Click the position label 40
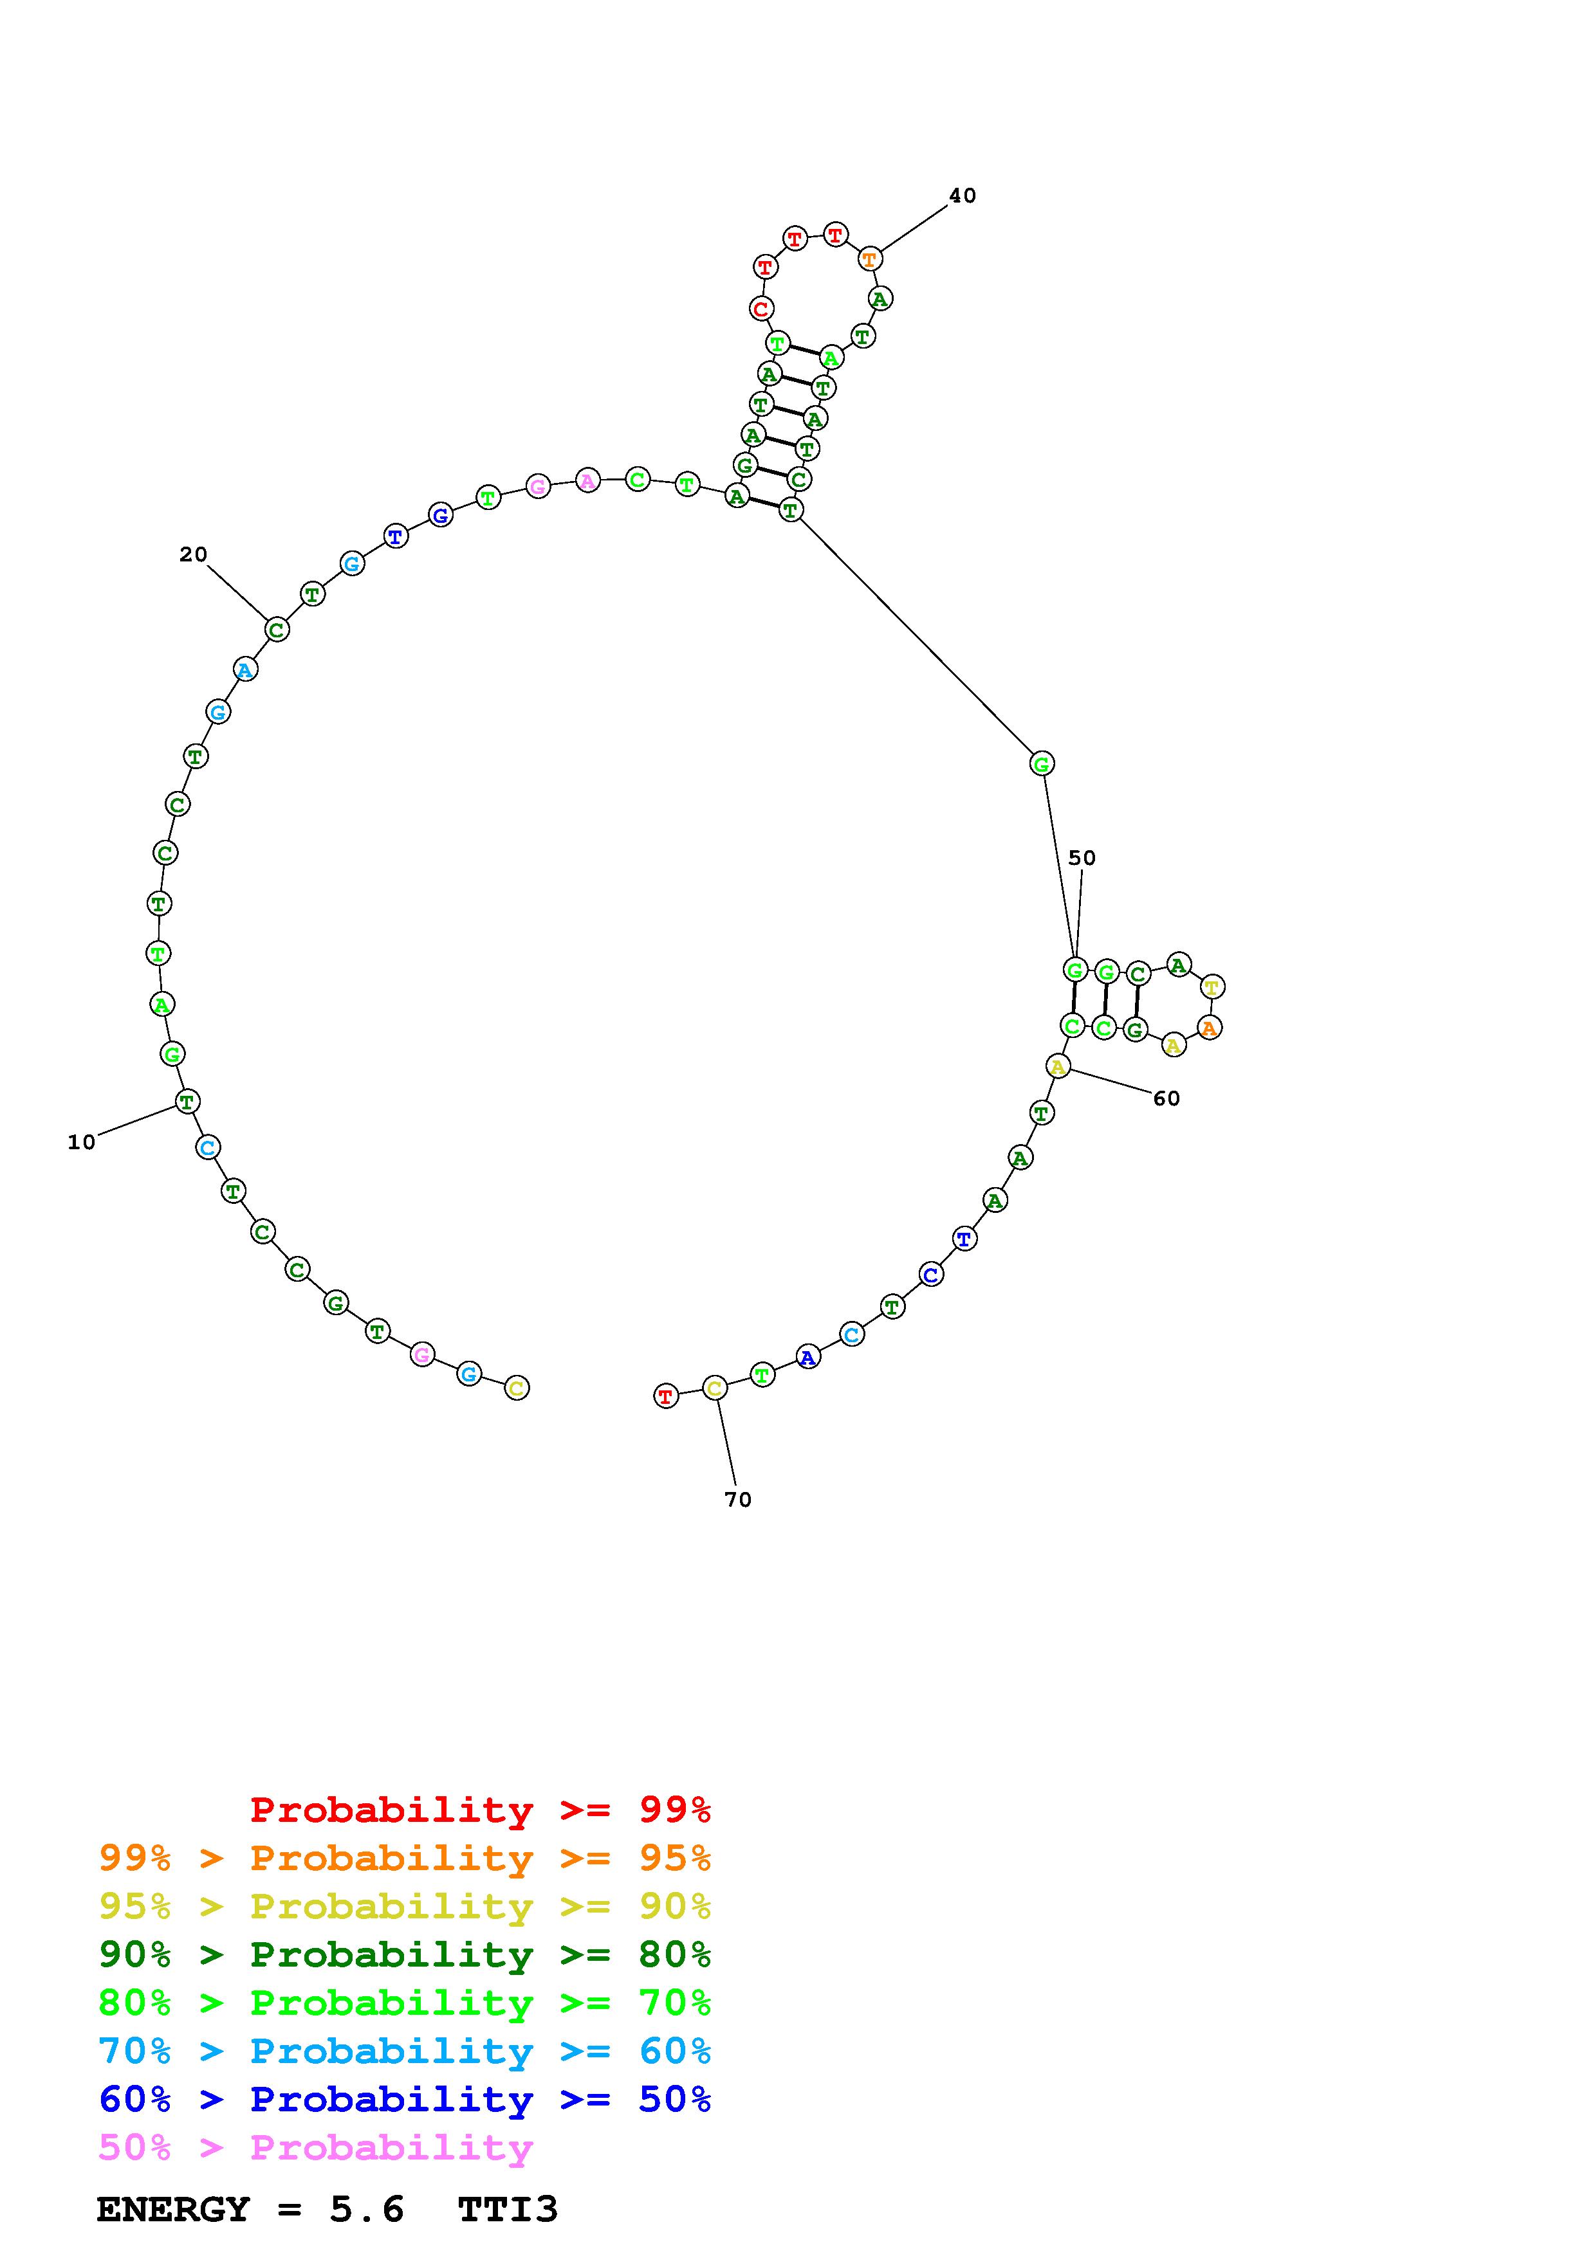coord(962,196)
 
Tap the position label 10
coord(82,1142)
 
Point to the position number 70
coord(738,1500)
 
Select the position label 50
coord(1082,858)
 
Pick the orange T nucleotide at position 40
coord(870,259)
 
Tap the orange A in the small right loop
coord(1210,1028)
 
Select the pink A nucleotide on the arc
coord(587,480)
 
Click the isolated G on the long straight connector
coord(1042,763)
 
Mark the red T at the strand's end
coord(667,1396)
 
